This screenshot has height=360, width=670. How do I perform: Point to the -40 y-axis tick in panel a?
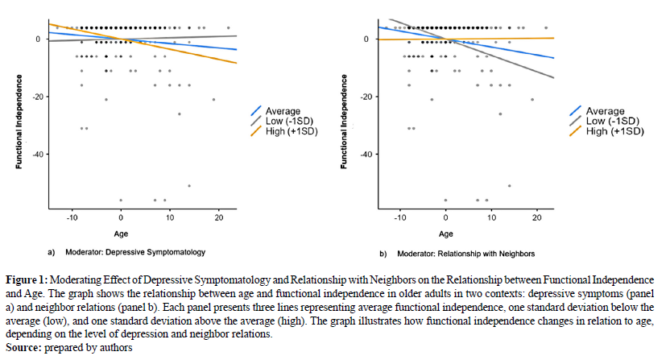37,154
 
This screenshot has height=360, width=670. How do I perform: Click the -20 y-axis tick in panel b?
362,97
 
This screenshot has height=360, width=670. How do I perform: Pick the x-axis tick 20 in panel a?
218,218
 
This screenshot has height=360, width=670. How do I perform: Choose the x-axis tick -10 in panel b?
396,218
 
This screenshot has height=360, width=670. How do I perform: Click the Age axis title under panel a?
121,234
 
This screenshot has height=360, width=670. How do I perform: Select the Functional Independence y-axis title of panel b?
344,121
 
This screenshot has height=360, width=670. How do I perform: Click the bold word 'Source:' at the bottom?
24,347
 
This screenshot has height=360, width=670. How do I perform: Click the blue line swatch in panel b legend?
575,111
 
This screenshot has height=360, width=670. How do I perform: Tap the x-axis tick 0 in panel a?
121,218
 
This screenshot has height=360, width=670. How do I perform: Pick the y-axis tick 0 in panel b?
366,39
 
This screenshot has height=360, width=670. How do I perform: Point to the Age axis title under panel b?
445,234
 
